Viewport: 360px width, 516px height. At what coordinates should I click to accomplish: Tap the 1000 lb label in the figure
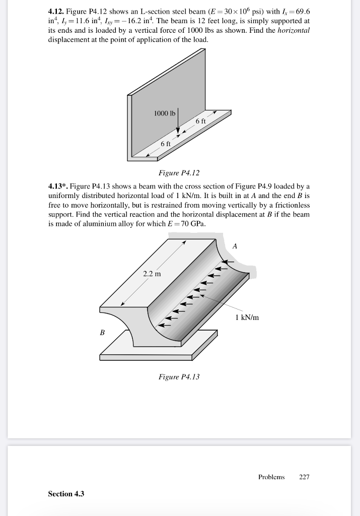click(x=164, y=113)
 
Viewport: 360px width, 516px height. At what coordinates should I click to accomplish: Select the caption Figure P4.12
click(x=179, y=173)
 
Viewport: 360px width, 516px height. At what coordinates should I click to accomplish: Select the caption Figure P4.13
click(x=179, y=376)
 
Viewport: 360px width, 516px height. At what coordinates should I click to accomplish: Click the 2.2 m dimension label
click(x=152, y=274)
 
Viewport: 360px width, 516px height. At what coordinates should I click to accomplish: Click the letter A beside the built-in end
click(x=234, y=245)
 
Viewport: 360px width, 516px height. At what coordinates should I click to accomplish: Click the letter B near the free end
click(x=103, y=333)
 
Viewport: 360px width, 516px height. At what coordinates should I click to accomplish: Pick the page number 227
click(x=304, y=477)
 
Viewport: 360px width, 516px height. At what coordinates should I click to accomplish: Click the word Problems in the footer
click(x=271, y=477)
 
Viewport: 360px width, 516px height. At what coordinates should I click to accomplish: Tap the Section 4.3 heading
click(x=66, y=494)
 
